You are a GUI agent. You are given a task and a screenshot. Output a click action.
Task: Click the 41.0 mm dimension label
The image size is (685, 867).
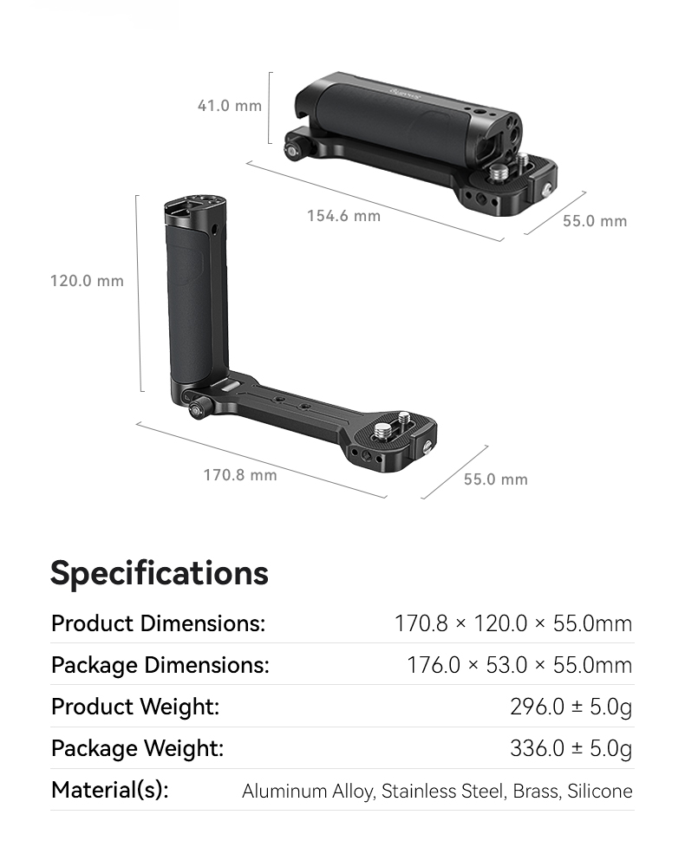[x=229, y=106]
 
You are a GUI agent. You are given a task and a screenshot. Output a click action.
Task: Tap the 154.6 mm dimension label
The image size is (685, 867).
[x=343, y=215]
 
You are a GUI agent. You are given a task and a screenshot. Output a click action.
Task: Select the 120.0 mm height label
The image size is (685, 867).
[x=87, y=281]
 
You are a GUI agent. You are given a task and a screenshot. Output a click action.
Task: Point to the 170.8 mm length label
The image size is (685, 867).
[x=240, y=474]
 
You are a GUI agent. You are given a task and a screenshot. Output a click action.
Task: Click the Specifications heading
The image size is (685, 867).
[x=160, y=573]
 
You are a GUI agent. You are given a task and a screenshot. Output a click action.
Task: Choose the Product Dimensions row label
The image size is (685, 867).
[x=158, y=623]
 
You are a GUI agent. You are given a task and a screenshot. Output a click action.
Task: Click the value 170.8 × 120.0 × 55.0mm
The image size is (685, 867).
[x=513, y=623]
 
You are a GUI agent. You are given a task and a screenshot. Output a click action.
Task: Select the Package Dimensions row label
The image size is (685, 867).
[x=160, y=665]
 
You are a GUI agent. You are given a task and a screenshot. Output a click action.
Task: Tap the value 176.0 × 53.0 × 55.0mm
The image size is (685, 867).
[x=519, y=665]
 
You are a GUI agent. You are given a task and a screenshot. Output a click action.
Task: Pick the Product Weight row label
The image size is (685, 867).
[x=135, y=707]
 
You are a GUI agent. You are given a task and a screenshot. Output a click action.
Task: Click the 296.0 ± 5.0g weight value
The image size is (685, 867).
[x=571, y=707]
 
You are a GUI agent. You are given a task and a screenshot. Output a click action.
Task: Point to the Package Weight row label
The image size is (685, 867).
[x=138, y=748]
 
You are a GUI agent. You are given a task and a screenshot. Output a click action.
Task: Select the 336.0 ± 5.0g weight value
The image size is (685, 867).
[x=571, y=748]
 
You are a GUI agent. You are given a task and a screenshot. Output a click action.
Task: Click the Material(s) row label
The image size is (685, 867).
[x=110, y=790]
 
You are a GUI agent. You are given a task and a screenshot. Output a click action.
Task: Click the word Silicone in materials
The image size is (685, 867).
[x=600, y=791]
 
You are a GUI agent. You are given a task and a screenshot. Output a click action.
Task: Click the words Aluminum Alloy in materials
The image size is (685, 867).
[x=307, y=791]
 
